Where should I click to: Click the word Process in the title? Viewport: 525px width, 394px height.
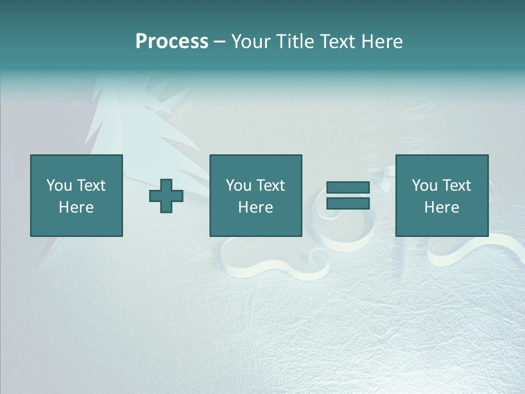pos(172,42)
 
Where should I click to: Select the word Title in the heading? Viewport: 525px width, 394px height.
pos(296,42)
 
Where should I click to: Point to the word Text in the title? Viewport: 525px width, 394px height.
pos(337,42)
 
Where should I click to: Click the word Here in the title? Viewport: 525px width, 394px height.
pos(382,42)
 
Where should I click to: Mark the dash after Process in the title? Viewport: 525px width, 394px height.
pos(220,42)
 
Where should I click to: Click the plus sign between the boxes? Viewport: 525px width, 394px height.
pos(166,196)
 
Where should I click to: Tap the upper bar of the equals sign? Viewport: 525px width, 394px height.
pos(348,188)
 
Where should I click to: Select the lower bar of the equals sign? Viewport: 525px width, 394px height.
pos(348,203)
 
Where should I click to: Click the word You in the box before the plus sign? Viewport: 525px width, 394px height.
pos(59,186)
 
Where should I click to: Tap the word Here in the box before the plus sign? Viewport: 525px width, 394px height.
pos(76,207)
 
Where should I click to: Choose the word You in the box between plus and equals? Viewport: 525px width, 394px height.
pos(238,186)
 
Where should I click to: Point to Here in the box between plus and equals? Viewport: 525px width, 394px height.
pos(255,207)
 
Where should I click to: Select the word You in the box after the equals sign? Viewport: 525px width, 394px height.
pos(424,186)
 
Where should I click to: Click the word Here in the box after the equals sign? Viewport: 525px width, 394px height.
pos(441,207)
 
